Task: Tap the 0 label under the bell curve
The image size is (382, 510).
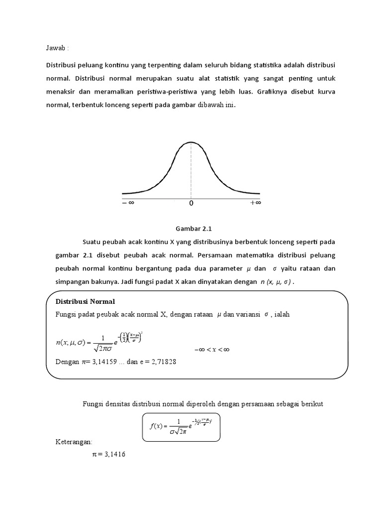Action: pyautogui.click(x=191, y=203)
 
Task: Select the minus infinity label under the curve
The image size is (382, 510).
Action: pyautogui.click(x=128, y=203)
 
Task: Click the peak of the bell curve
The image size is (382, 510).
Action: pyautogui.click(x=191, y=142)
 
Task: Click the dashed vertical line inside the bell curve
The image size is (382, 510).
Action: pyautogui.click(x=191, y=169)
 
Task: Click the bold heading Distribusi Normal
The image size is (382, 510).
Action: pyautogui.click(x=85, y=301)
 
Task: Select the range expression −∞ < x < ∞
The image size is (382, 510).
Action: pyautogui.click(x=211, y=350)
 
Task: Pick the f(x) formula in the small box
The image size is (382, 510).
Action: pyautogui.click(x=181, y=426)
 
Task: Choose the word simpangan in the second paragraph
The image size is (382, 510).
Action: pyautogui.click(x=70, y=281)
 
